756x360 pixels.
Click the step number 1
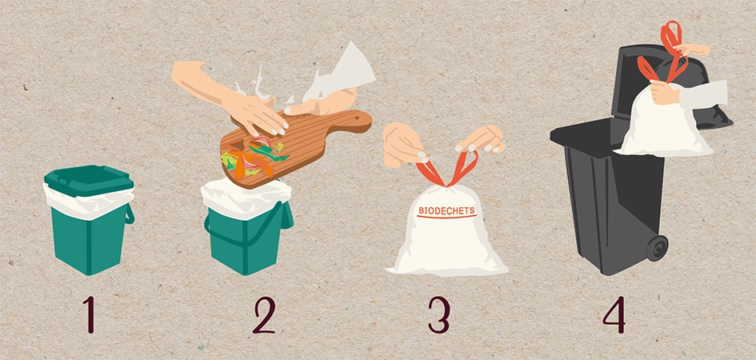tap(89, 314)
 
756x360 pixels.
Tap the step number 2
tap(264, 314)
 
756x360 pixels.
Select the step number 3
tap(438, 314)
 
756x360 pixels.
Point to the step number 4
tap(614, 314)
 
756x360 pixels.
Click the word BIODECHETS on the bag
tap(446, 210)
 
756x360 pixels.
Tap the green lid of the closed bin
tap(89, 180)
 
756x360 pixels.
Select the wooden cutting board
tap(295, 146)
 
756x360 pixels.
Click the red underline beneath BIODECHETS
tap(447, 217)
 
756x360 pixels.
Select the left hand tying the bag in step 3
tap(403, 145)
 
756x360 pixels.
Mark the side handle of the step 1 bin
tap(130, 214)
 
